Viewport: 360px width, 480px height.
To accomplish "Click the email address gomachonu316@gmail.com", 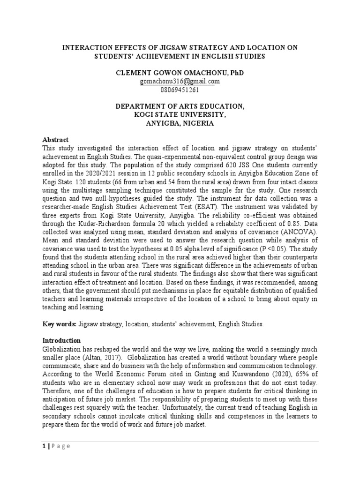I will tap(180, 81).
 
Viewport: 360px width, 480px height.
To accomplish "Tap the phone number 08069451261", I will tap(180, 89).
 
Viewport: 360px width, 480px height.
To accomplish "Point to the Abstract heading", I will tap(56, 140).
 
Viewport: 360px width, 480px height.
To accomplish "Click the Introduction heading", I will tap(62, 340).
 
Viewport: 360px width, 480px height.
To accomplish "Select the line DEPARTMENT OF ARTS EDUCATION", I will tap(180, 106).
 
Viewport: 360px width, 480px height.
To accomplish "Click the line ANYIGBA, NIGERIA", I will tap(180, 123).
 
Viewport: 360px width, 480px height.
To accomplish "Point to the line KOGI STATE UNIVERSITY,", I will tap(180, 115).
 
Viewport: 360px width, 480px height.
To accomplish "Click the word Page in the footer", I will tap(60, 446).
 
